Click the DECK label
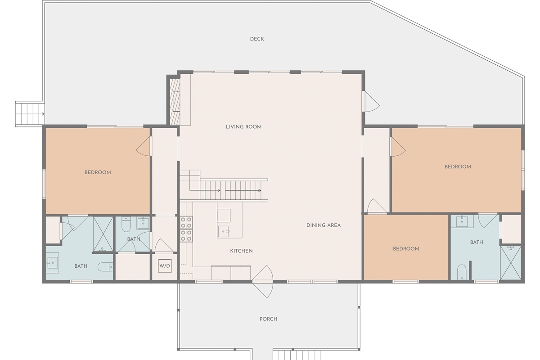click(x=257, y=39)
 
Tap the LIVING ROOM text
click(x=243, y=127)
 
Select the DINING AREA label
click(x=324, y=225)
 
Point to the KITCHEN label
click(x=241, y=251)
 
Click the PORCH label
click(x=268, y=319)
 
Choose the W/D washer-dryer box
click(x=165, y=265)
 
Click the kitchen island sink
click(x=224, y=231)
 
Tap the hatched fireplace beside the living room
click(x=175, y=102)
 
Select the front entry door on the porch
click(x=263, y=282)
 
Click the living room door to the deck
click(x=371, y=102)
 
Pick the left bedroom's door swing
click(x=144, y=147)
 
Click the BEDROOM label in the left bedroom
click(x=98, y=173)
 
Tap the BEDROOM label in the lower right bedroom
click(x=406, y=249)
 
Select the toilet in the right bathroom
click(x=462, y=272)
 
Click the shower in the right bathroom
click(x=511, y=263)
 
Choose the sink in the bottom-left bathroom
click(x=52, y=263)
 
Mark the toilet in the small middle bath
click(x=126, y=224)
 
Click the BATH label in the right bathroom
click(x=477, y=243)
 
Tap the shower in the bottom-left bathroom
click(x=103, y=234)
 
